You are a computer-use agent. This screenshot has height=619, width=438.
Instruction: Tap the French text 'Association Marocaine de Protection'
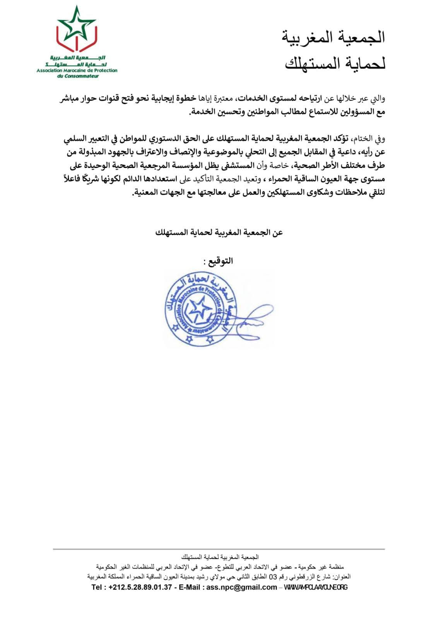(77, 70)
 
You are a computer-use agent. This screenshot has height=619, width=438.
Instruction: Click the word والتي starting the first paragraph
(376, 99)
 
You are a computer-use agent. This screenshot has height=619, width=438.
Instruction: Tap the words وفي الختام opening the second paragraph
(371, 138)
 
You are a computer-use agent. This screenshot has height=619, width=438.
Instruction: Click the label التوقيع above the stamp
(221, 261)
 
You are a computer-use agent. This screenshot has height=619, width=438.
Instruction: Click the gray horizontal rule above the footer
(219, 549)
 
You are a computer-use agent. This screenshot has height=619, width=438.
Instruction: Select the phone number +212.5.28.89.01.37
(140, 587)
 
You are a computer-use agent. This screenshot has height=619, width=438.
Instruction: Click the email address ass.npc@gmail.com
(241, 587)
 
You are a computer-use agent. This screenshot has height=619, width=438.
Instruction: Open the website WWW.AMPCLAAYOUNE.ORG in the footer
(316, 587)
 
